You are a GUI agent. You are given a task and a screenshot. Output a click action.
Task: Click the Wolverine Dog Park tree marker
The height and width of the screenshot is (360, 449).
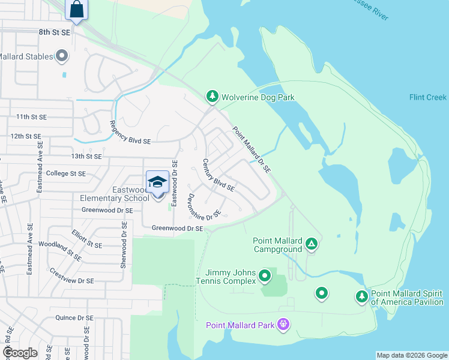tap(212, 96)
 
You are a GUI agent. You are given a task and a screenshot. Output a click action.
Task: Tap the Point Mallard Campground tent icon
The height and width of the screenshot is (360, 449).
tap(311, 244)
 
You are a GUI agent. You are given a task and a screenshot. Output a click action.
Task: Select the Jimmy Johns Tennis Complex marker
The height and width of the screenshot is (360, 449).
tap(265, 277)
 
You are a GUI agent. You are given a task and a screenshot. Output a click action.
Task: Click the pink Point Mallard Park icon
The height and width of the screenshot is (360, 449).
tap(283, 325)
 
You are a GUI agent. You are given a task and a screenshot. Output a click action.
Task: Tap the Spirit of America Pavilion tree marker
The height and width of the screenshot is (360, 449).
tap(361, 296)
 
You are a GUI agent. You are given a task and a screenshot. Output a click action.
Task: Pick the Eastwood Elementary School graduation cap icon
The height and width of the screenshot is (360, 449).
tap(157, 182)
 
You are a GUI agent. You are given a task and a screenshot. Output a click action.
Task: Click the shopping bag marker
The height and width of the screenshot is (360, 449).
tap(76, 10)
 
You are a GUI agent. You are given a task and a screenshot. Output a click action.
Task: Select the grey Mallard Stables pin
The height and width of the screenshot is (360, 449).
tap(62, 57)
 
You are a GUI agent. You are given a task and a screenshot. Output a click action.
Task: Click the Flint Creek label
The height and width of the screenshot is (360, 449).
tap(427, 97)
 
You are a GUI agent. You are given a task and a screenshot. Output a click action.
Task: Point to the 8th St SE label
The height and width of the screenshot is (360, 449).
tap(55, 32)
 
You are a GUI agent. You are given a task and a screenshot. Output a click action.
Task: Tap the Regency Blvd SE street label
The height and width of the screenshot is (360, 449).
tap(130, 132)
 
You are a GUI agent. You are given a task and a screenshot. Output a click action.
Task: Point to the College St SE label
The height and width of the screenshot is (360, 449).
tap(66, 173)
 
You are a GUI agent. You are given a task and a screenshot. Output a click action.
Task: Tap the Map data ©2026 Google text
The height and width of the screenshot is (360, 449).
tap(411, 355)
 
